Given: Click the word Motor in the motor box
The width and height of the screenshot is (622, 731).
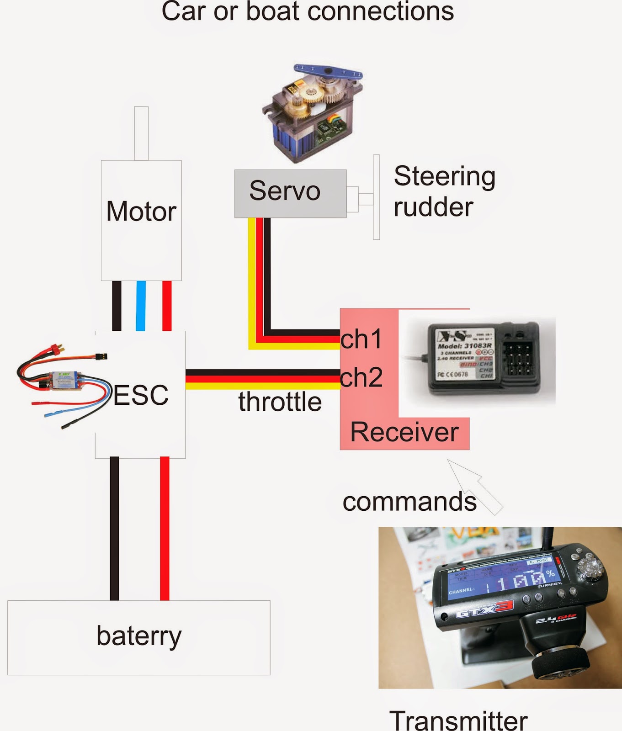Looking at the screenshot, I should click(x=141, y=211).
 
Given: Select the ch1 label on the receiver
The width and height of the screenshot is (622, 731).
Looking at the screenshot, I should click(x=361, y=339).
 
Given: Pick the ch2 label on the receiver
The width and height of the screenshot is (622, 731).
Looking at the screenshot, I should click(x=362, y=378).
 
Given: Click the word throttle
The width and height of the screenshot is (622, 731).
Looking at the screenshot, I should click(x=280, y=402).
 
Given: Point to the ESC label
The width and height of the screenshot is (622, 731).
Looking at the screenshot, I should click(x=141, y=395).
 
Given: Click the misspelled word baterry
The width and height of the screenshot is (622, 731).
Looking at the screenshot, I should click(x=139, y=636).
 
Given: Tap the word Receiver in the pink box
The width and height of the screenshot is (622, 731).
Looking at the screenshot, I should click(x=404, y=432).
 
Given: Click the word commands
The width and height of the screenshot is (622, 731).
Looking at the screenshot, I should click(x=409, y=502).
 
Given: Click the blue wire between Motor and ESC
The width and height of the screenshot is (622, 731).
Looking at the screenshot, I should click(x=141, y=305).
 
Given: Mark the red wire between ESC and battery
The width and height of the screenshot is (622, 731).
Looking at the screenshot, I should click(x=165, y=528).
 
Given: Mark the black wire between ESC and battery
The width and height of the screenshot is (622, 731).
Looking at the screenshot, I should click(x=114, y=528).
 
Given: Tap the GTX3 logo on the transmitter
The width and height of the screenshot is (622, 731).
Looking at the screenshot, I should click(x=485, y=609).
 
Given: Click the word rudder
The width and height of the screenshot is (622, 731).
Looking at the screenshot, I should click(x=433, y=207).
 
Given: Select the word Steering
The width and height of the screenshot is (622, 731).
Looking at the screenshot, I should click(x=444, y=176).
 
